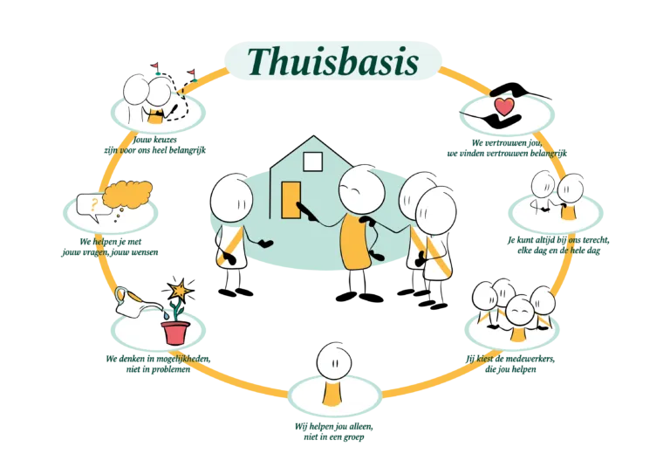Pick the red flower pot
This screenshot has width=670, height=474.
click(175, 332)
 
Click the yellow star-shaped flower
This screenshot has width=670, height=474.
click(180, 289)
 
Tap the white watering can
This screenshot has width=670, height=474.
click(130, 302)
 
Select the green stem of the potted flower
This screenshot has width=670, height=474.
click(177, 308)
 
